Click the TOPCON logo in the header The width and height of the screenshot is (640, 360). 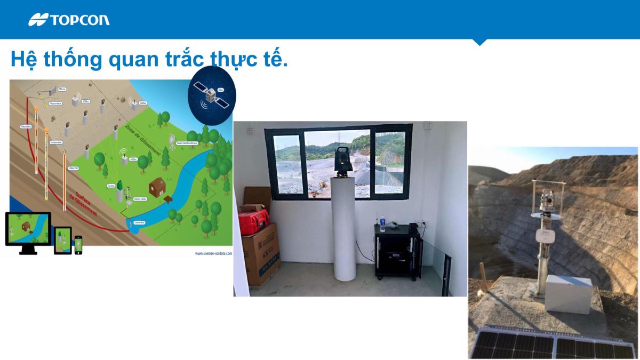click(69, 20)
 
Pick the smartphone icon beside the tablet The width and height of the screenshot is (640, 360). click(78, 245)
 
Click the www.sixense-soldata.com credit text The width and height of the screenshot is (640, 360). click(213, 253)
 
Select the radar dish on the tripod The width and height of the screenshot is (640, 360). click(172, 140)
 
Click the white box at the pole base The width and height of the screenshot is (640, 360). click(568, 294)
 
